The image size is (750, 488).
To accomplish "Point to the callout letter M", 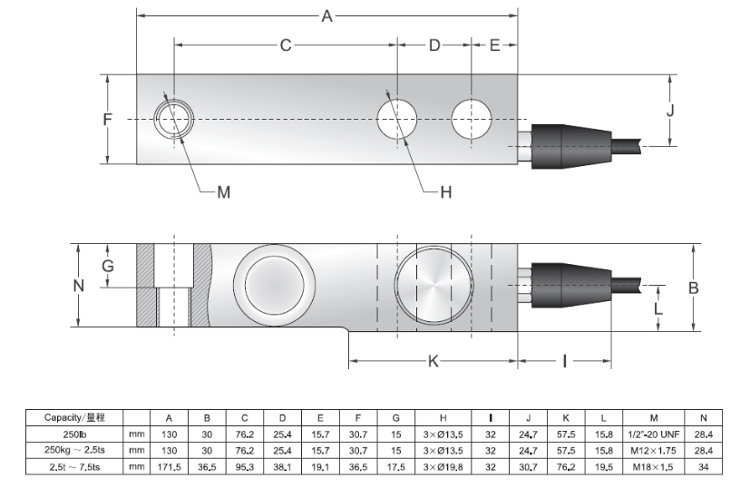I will coord(224,192).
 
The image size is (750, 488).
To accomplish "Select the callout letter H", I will coord(444,192).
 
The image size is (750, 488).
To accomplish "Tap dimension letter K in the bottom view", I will coord(433,361).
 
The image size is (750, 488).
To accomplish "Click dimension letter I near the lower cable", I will coord(564,361).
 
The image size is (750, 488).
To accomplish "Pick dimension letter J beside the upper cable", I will coord(670,111).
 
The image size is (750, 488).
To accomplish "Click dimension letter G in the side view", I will coord(107,266).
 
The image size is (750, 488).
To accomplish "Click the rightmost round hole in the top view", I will coord(472,120).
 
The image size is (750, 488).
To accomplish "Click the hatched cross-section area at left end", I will coord(145,286).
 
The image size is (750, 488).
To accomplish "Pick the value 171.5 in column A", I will coord(169,467).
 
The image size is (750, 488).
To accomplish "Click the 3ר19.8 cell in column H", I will coord(443,467).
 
